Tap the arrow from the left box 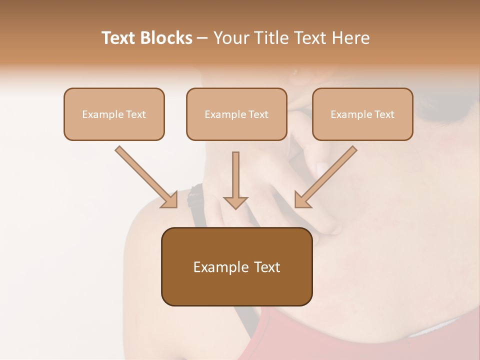click(145, 176)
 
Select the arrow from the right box click(326, 176)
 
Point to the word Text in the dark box click(267, 267)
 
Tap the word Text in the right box click(384, 114)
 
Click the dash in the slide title click(202, 38)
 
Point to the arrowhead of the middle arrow click(235, 202)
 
